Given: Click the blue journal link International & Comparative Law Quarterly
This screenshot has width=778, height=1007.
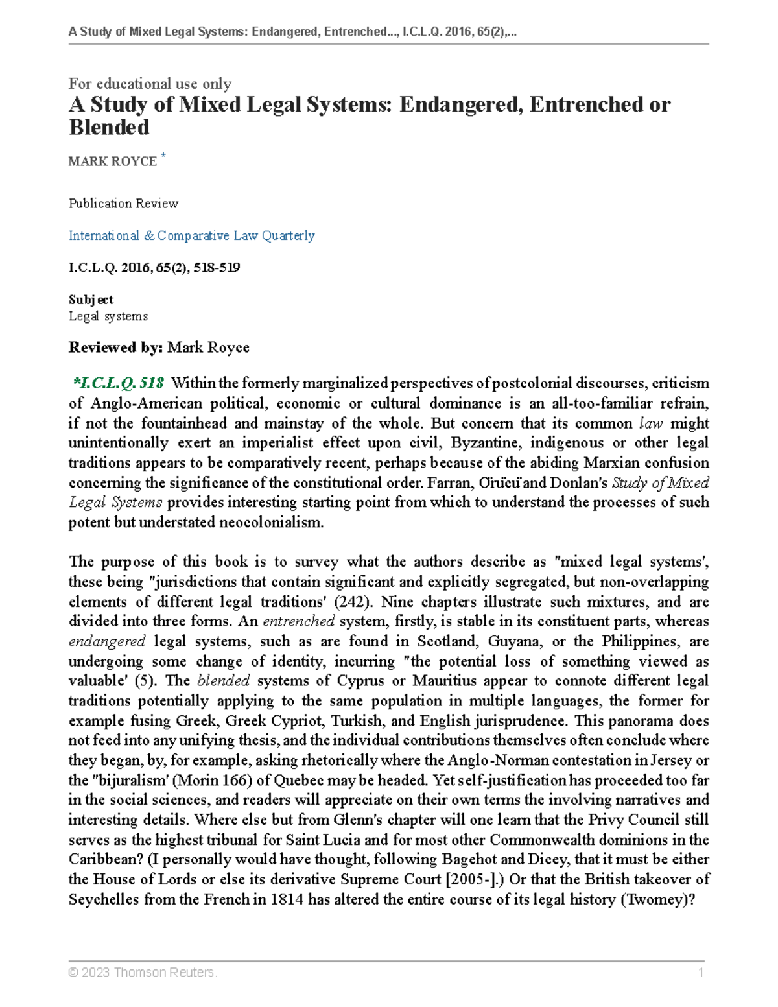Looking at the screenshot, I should [x=191, y=235].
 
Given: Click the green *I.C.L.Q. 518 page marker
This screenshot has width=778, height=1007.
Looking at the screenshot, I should [x=119, y=383].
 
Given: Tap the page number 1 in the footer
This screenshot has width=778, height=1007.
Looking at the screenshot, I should [x=701, y=972].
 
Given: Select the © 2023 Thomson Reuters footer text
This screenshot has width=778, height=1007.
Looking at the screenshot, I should [x=143, y=972].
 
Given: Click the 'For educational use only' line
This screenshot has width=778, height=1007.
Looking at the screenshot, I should [x=150, y=84].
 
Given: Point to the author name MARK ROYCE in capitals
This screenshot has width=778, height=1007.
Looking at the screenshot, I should [x=113, y=161].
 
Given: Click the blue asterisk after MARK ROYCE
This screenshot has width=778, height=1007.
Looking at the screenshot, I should [x=163, y=155].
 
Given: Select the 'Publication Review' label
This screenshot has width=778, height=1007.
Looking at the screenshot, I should [x=123, y=204].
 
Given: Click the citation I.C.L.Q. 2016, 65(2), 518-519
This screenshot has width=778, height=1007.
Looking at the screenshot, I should [x=154, y=267].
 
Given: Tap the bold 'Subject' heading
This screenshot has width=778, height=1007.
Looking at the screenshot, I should [x=91, y=300].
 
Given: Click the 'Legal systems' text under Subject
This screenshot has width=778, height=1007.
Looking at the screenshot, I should [x=108, y=316].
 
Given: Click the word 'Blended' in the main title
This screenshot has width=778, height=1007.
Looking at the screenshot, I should [x=109, y=128].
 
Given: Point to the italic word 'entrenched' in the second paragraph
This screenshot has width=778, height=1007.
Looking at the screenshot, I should [x=298, y=621].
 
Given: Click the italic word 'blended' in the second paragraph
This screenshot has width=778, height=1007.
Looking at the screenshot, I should [x=223, y=681].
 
